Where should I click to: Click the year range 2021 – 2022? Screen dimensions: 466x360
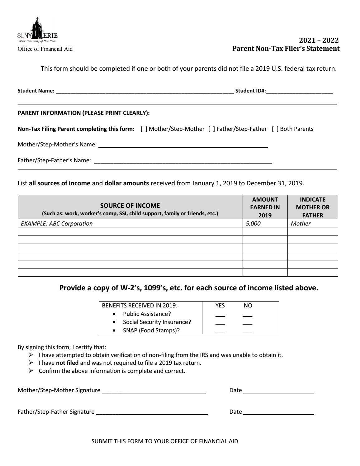pyautogui.click(x=319, y=40)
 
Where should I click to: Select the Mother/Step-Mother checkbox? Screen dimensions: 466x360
pyautogui.click(x=144, y=129)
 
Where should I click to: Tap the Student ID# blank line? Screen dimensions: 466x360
pyautogui.click(x=300, y=91)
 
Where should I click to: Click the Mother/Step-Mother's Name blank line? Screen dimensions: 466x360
pyautogui.click(x=183, y=145)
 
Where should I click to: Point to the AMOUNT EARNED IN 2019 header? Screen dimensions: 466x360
pyautogui.click(x=265, y=207)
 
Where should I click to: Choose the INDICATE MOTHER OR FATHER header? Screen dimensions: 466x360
pyautogui.click(x=313, y=207)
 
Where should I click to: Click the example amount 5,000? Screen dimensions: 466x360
pyautogui.click(x=253, y=224)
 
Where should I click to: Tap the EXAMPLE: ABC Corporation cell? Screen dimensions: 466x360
pyautogui.click(x=57, y=224)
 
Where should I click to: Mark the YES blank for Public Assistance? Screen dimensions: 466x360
pyautogui.click(x=220, y=315)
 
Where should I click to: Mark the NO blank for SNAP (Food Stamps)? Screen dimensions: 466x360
pyautogui.click(x=248, y=331)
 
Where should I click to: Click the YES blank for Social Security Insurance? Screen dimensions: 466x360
pyautogui.click(x=220, y=323)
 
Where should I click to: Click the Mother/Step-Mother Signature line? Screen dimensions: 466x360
pyautogui.click(x=154, y=391)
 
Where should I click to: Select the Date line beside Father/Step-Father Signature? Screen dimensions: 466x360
pyautogui.click(x=278, y=412)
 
